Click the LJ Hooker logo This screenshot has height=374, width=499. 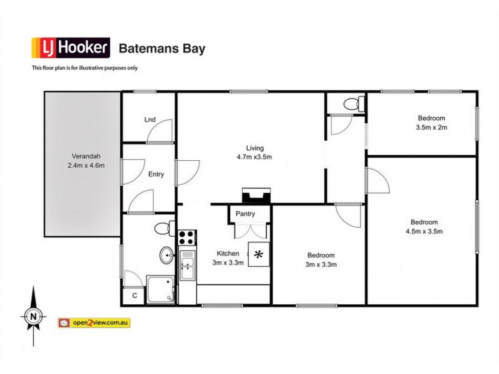tap(71, 47)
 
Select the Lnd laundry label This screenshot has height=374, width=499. tap(150, 119)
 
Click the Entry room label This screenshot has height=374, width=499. tap(156, 175)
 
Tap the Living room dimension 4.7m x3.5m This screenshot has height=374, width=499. tap(254, 157)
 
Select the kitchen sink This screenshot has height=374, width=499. tap(187, 267)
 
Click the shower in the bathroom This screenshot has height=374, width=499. tap(162, 289)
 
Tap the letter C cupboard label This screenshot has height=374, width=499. tap(134, 295)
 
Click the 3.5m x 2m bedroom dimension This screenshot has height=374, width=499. tap(432, 127)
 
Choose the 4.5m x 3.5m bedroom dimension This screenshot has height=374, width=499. tap(424, 231)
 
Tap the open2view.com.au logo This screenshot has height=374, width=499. tap(97, 322)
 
